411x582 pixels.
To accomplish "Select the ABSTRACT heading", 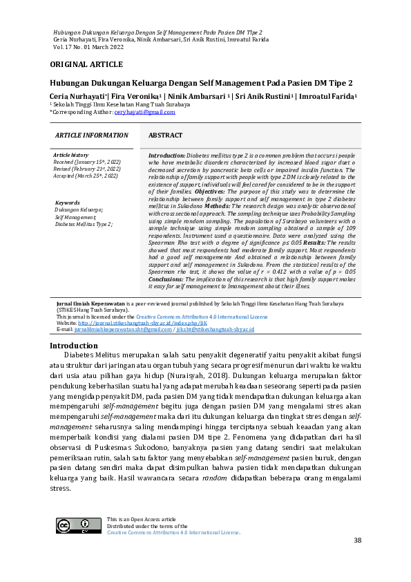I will tap(165, 136).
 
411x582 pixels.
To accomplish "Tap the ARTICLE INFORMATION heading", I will tap(91, 136).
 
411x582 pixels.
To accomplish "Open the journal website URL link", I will tap(142, 323).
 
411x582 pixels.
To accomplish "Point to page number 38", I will tap(357, 540).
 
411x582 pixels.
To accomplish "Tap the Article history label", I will tap(70, 156).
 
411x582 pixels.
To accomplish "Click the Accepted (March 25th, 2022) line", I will tap(86, 176).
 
